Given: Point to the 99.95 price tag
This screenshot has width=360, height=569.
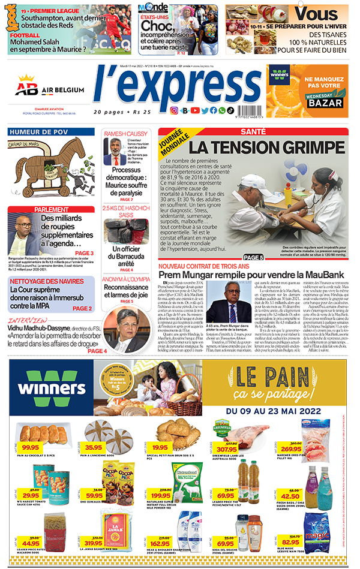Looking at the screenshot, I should pos(31,447).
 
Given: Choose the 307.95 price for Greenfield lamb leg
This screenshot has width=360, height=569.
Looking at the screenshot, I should pos(227,448).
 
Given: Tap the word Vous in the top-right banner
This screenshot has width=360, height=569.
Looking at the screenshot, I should pos(316,14).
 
